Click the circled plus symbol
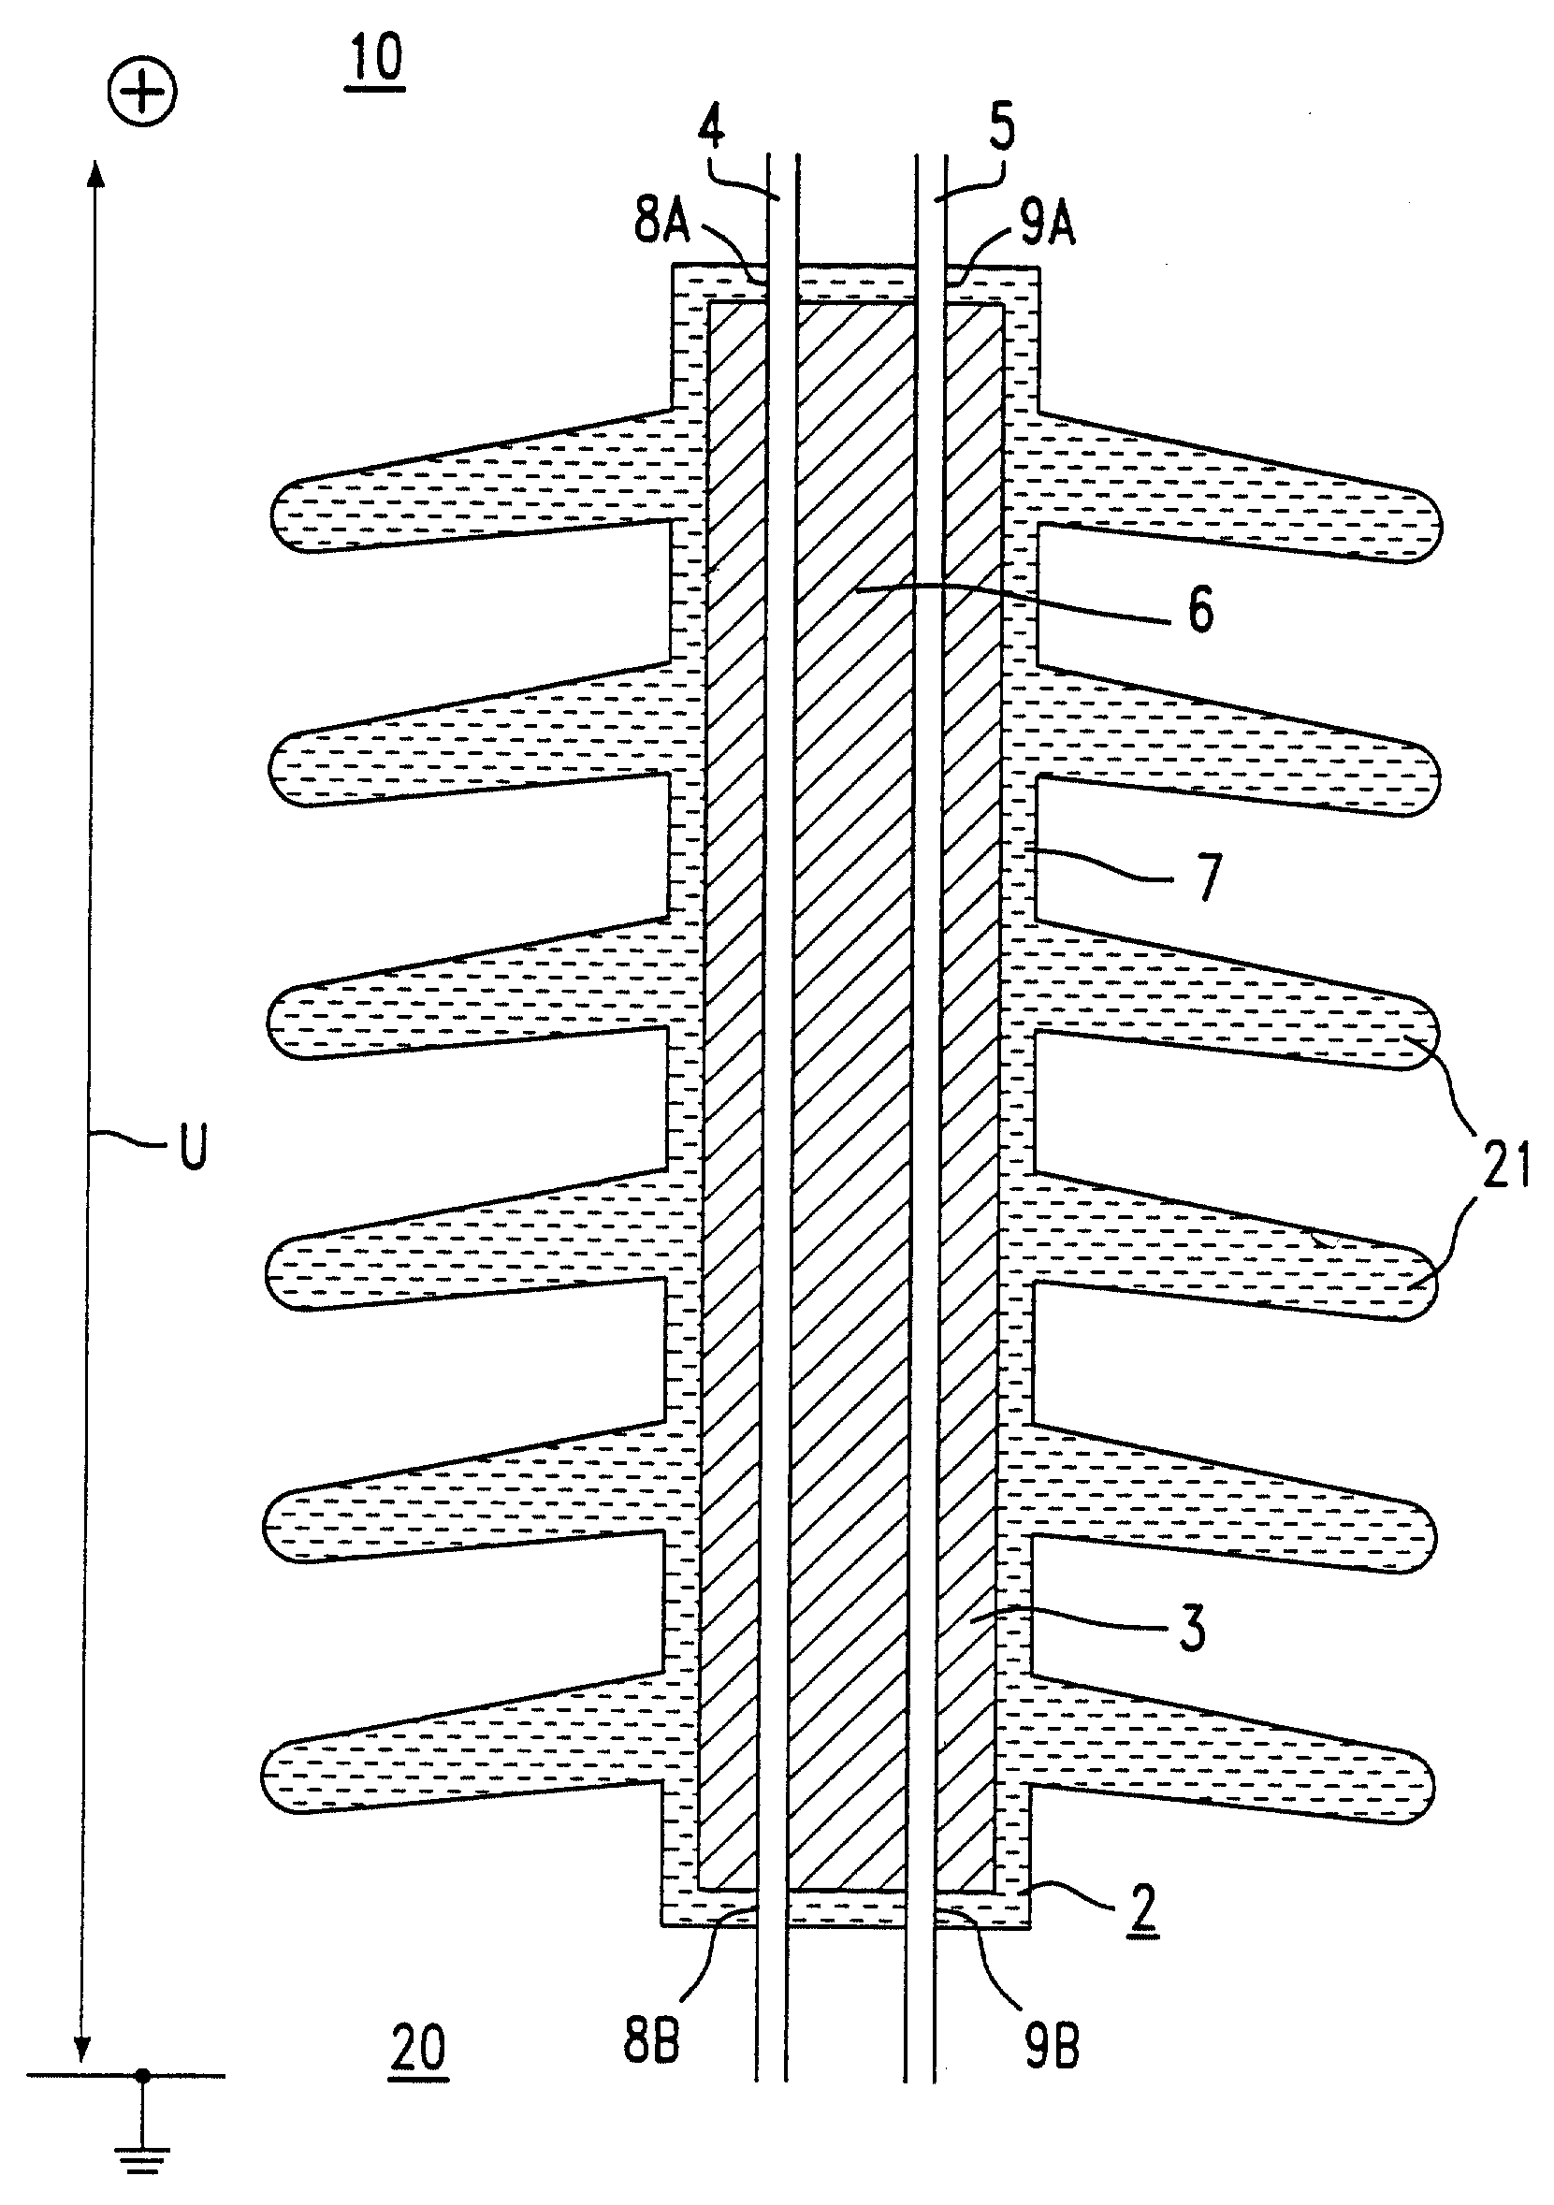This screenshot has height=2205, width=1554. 142,94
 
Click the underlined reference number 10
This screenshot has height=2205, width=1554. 376,61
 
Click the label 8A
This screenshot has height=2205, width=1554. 661,220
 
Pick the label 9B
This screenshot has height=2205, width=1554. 1052,2046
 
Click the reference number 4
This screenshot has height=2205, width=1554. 712,125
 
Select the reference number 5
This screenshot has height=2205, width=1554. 1002,128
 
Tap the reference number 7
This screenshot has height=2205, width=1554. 1208,878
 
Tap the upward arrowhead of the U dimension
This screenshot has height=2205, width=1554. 94,178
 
